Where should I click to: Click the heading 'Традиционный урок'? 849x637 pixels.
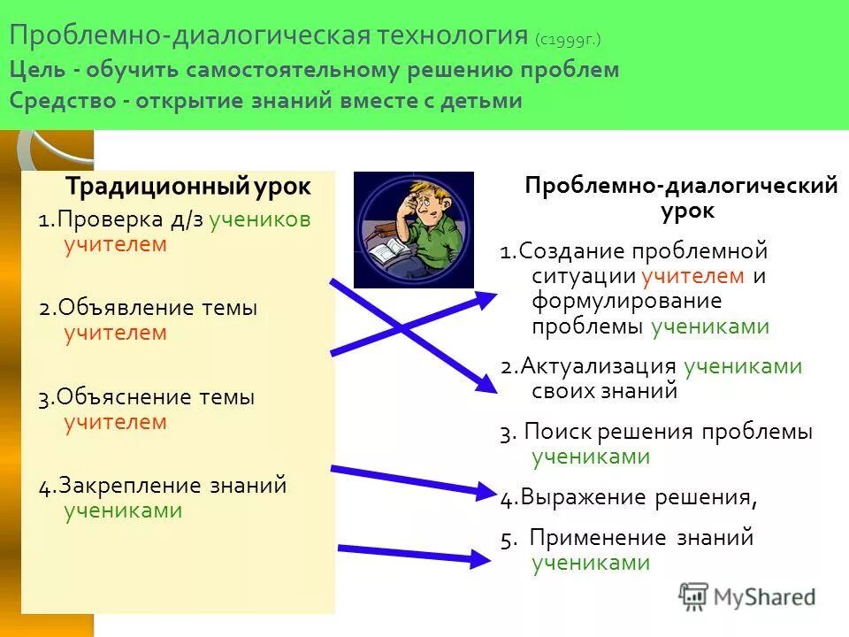coord(188,188)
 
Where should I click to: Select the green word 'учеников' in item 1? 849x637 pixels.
coord(260,220)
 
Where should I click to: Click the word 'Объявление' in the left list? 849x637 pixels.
coord(127,309)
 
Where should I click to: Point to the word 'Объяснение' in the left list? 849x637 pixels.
coord(127,398)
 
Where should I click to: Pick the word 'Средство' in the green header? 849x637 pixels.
coord(63,101)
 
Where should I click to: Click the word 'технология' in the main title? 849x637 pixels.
coord(449,37)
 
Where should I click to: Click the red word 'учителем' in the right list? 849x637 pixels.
coord(692,276)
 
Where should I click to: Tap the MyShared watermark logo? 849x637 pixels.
coord(747,596)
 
